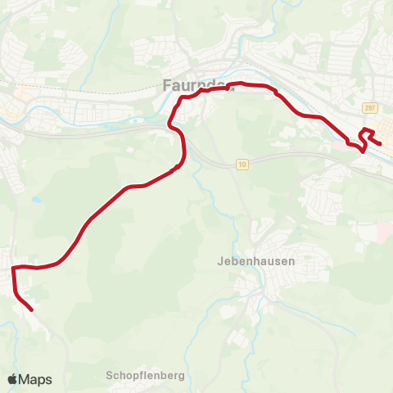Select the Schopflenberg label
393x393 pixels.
click(x=146, y=376)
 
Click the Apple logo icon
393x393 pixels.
click(x=13, y=379)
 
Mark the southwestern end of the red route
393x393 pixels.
click(x=31, y=310)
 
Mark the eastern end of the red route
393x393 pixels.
click(x=380, y=144)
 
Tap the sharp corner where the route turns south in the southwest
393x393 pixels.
click(x=13, y=268)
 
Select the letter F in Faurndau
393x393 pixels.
click(x=166, y=84)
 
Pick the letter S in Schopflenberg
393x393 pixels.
click(x=110, y=376)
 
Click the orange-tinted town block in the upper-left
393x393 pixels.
click(x=18, y=100)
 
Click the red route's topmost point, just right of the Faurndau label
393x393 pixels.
click(x=240, y=84)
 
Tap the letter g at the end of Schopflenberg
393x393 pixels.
click(x=182, y=377)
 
